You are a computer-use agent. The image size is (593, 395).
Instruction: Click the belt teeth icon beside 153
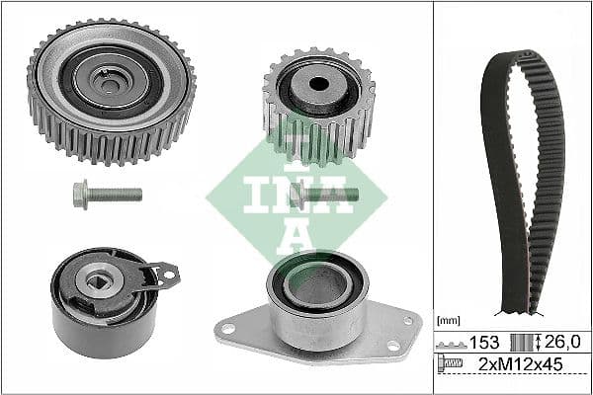pyautogui.click(x=454, y=343)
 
